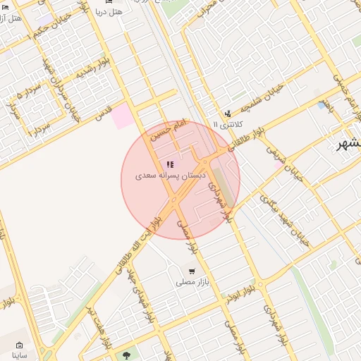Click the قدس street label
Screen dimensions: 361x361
click(104, 112)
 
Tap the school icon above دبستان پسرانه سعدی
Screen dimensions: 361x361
click(170, 164)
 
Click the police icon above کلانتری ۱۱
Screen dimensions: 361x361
click(227, 113)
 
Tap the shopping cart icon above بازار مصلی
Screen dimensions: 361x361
click(191, 271)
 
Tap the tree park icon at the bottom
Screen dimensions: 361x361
click(127, 355)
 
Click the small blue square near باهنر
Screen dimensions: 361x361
click(322, 105)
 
